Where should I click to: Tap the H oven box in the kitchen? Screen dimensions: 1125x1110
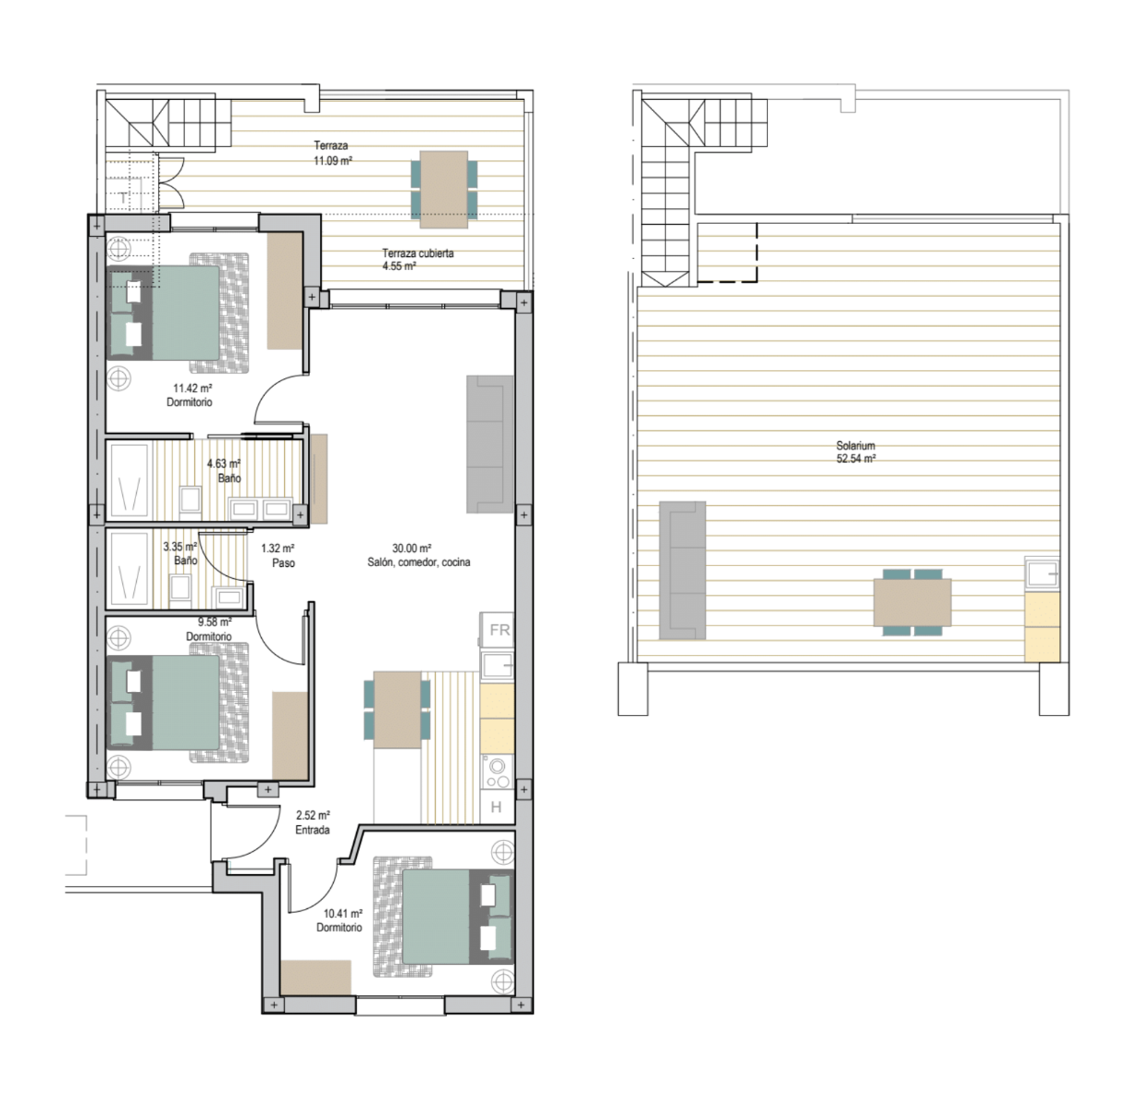[x=497, y=807]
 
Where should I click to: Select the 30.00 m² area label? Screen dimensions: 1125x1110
[x=412, y=549]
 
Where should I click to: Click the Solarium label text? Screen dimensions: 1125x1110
[x=855, y=446]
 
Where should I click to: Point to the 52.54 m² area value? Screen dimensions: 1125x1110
[x=855, y=459]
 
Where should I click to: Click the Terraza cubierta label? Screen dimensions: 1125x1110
[x=417, y=253]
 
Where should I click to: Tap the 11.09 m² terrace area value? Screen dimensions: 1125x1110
[x=333, y=161]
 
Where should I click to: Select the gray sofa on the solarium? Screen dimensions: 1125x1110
[x=683, y=570]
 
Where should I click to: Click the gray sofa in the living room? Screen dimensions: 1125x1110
[x=489, y=444]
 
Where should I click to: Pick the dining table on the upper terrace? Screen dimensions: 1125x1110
[x=444, y=190]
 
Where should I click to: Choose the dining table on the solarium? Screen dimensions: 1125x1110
[x=912, y=602]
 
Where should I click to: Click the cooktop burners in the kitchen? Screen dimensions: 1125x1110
[x=498, y=772]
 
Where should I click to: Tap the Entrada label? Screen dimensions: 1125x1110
[x=313, y=830]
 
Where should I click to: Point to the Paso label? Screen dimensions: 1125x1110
[x=283, y=563]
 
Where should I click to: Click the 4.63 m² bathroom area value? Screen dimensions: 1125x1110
[x=224, y=464]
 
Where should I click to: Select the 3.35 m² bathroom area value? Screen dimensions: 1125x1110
[x=179, y=547]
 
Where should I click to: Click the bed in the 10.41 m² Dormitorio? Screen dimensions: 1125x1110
[x=458, y=917]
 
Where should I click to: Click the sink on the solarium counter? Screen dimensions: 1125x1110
[x=1042, y=574]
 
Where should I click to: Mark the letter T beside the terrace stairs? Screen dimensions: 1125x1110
[x=123, y=198]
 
